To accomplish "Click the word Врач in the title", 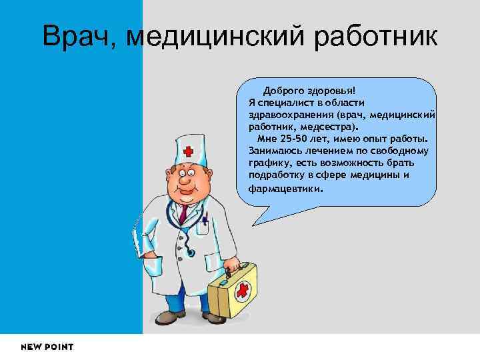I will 76,36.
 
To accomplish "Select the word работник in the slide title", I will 372,36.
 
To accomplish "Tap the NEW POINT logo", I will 47,347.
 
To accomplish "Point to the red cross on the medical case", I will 243,290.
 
